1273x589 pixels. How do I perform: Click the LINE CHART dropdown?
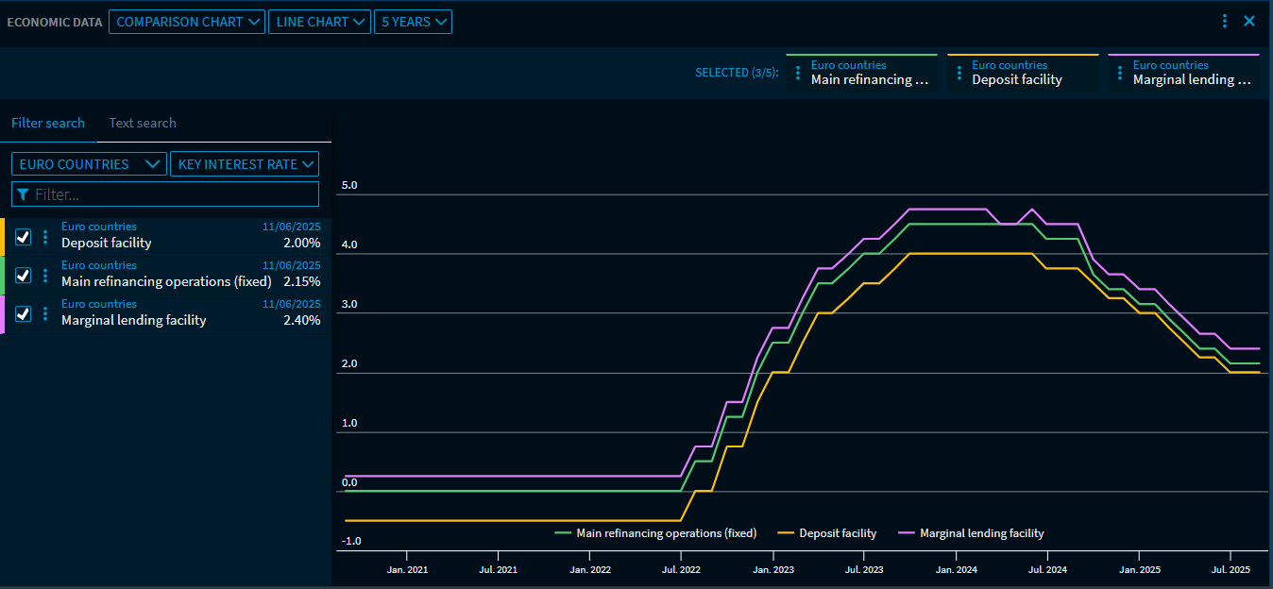[x=319, y=22]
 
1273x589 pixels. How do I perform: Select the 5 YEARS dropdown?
[x=413, y=22]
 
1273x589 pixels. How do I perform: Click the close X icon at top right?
[x=1249, y=21]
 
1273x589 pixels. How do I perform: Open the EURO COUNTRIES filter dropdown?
[x=89, y=164]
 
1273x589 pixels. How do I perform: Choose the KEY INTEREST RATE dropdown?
[x=245, y=164]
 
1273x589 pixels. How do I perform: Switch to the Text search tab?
[x=143, y=123]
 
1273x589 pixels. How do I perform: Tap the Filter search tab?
[x=48, y=123]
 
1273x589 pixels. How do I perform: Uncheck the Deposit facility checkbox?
[x=24, y=237]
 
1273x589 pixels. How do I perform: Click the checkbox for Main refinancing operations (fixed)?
[x=24, y=276]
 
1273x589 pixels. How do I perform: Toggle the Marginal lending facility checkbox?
[x=24, y=314]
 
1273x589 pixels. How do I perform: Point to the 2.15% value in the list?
[x=301, y=281]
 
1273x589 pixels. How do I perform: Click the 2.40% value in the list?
[x=301, y=320]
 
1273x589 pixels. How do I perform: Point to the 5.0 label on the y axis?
[x=349, y=185]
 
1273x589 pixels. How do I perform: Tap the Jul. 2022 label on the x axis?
[x=681, y=570]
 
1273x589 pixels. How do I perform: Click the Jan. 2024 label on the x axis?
[x=956, y=570]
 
